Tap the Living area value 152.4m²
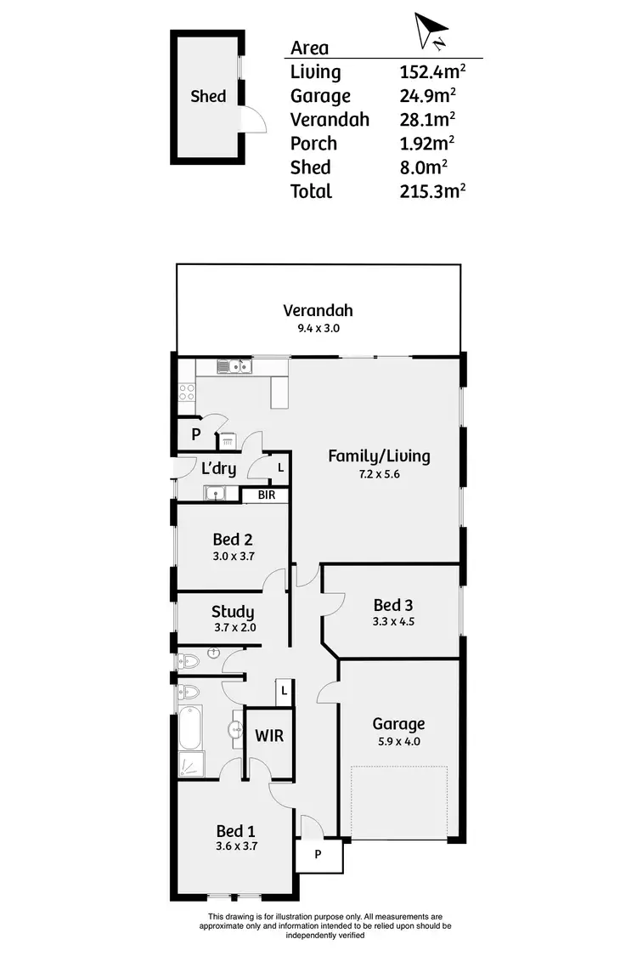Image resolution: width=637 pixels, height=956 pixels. click(x=431, y=72)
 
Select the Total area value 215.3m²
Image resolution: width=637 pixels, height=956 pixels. click(x=431, y=191)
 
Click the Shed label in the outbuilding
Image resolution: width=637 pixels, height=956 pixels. click(x=208, y=96)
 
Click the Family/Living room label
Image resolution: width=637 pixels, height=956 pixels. click(x=379, y=456)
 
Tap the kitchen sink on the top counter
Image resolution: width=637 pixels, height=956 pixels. click(x=232, y=367)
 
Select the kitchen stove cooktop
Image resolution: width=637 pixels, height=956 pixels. click(x=187, y=393)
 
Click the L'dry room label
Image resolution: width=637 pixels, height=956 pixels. click(x=218, y=467)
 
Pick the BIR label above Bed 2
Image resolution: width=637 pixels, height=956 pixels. click(x=266, y=495)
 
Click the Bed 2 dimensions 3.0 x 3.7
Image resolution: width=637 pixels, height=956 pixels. click(x=233, y=557)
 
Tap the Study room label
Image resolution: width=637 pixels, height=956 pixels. click(x=233, y=612)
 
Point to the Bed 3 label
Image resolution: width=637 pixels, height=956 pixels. click(x=393, y=605)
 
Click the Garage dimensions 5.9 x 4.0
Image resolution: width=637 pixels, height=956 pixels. click(x=398, y=741)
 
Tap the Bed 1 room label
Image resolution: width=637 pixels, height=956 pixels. click(x=235, y=831)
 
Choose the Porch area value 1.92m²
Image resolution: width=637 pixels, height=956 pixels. click(x=431, y=144)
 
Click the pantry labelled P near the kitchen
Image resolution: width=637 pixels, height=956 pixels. click(x=195, y=434)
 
